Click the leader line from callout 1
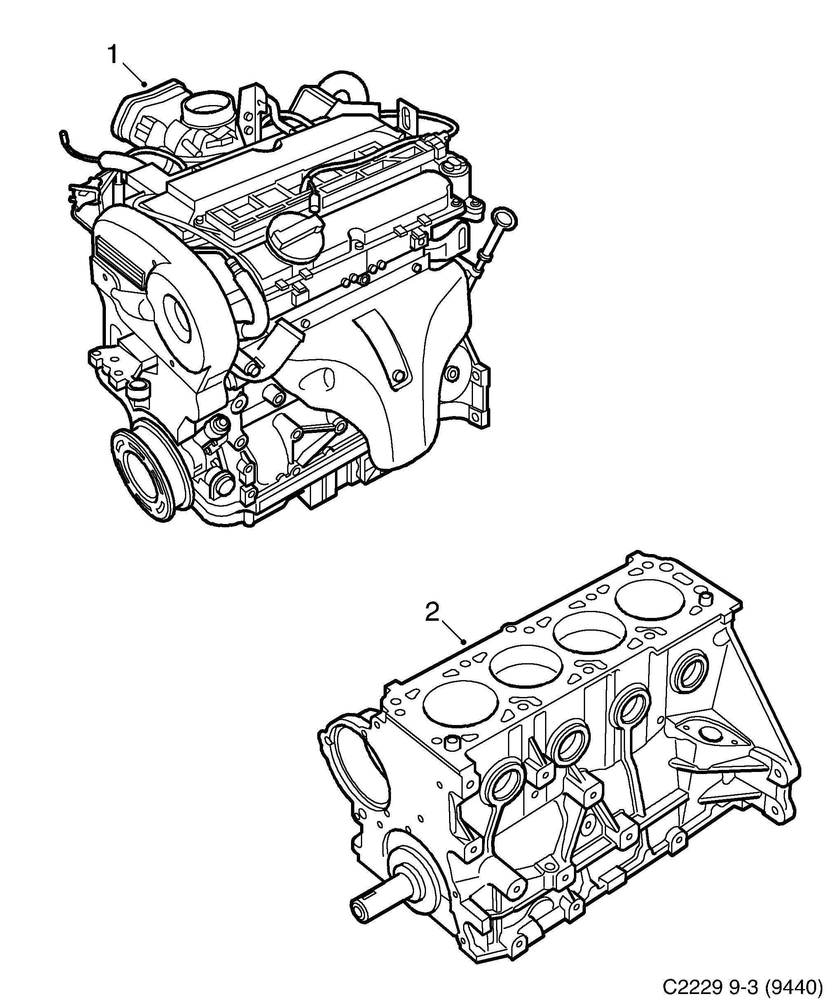pos(134,73)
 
